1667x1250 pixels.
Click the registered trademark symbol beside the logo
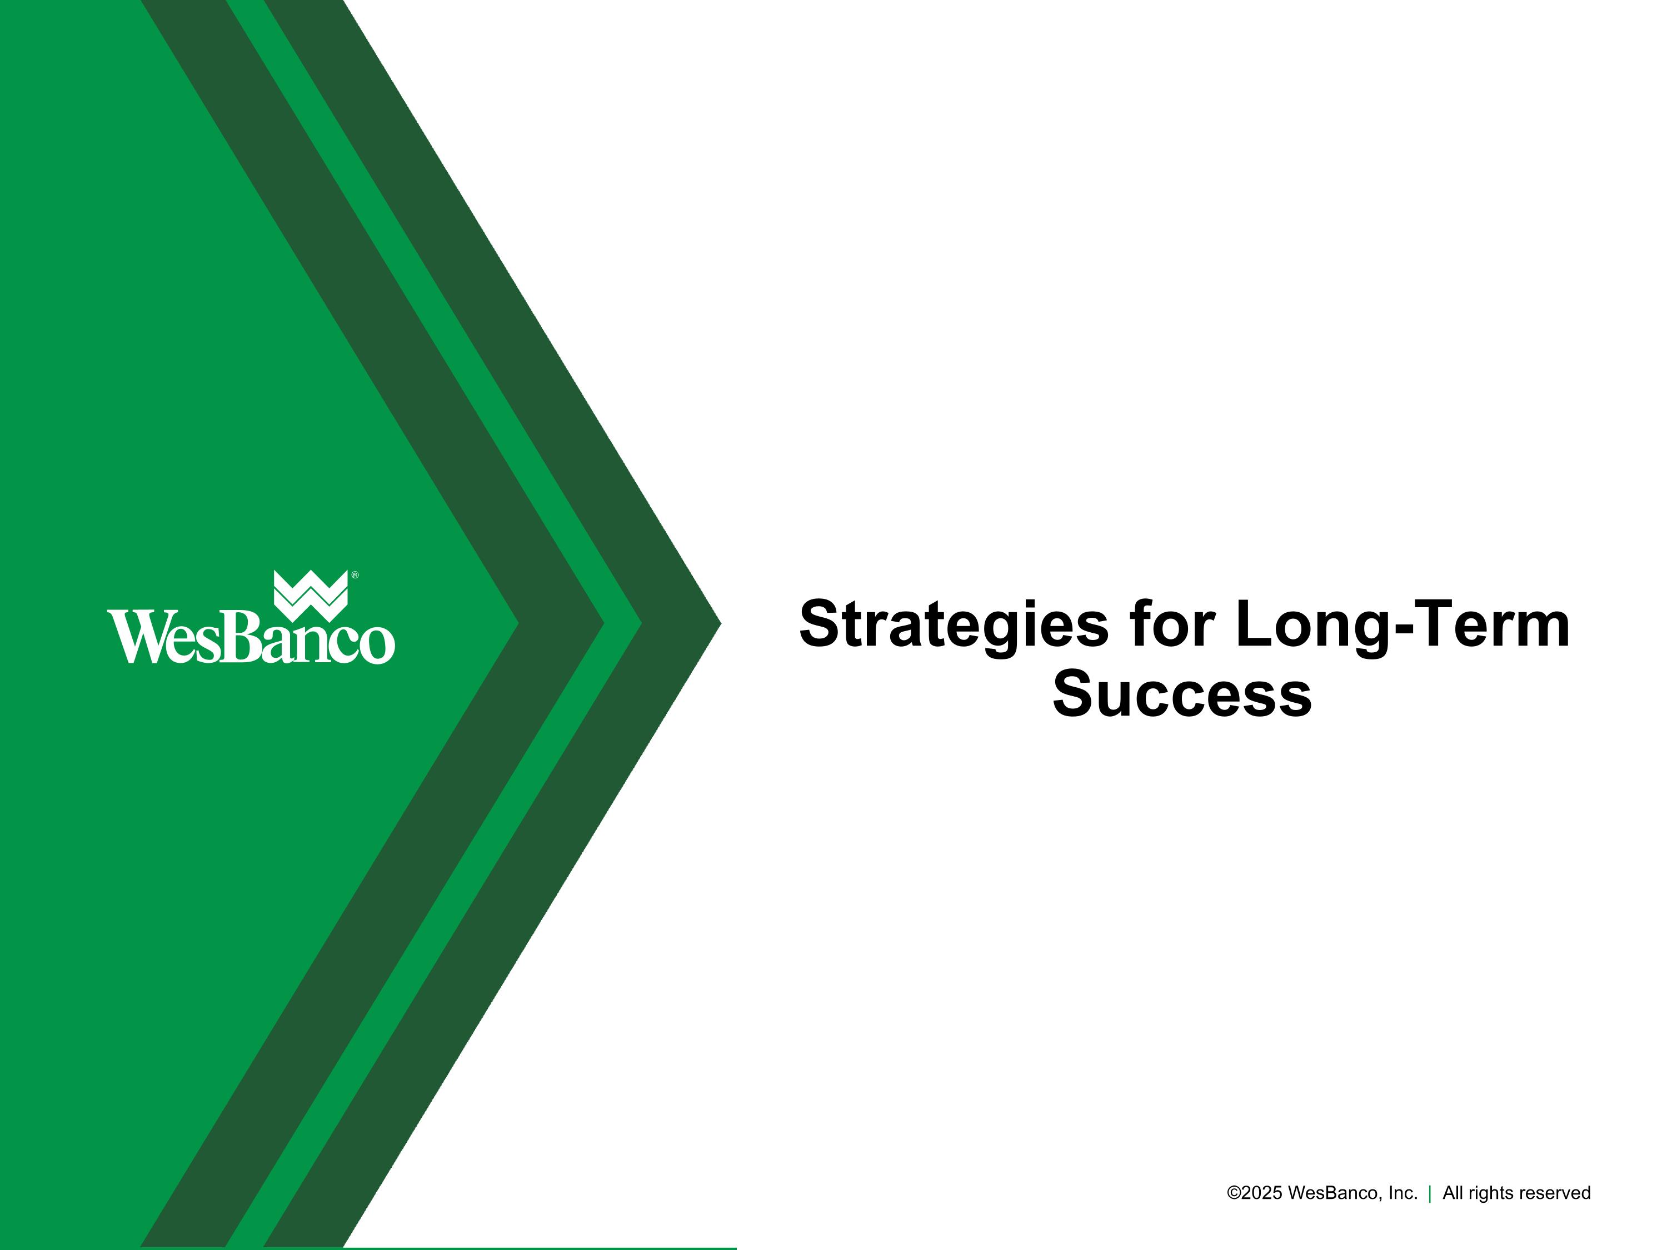pyautogui.click(x=355, y=576)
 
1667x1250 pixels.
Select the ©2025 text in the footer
pyautogui.click(x=1255, y=1193)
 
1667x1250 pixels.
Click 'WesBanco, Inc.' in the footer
pyautogui.click(x=1352, y=1193)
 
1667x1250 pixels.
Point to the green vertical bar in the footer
pyautogui.click(x=1430, y=1193)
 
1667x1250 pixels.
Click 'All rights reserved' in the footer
pyautogui.click(x=1516, y=1193)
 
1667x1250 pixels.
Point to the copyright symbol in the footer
pyautogui.click(x=1234, y=1193)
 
